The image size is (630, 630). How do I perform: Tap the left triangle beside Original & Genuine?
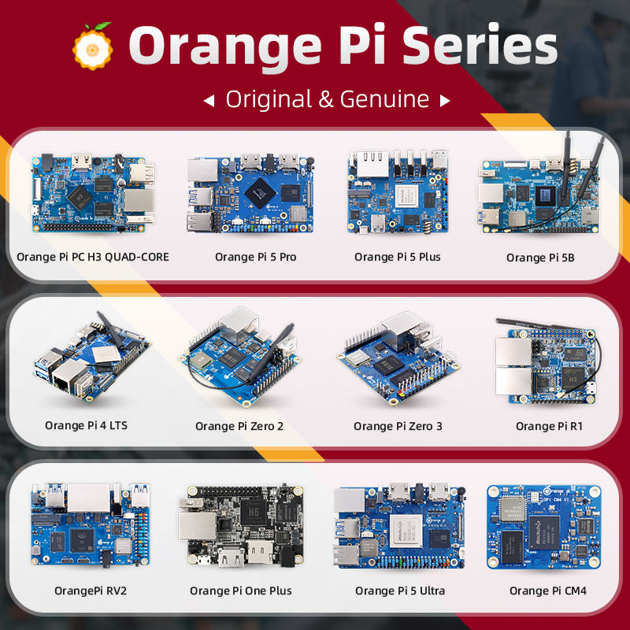pos(209,101)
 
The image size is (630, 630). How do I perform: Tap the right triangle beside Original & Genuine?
pos(445,101)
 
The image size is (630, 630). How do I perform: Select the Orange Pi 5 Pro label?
pos(255,257)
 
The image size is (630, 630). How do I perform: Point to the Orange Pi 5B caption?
pos(540,258)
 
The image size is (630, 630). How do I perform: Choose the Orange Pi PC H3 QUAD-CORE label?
pos(93,257)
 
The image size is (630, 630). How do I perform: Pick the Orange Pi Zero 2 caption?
pos(239,427)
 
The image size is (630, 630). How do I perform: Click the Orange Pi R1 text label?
pos(543,426)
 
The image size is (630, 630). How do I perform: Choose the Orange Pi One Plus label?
pos(240,591)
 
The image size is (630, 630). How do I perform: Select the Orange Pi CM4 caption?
pos(547,591)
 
